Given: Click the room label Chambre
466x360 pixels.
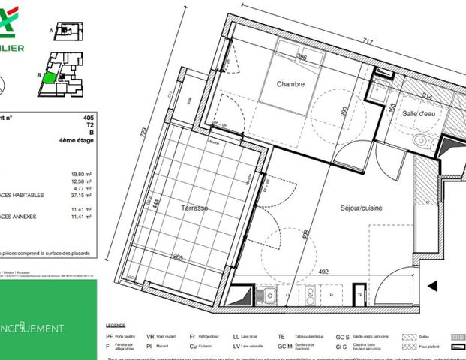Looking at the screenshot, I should [x=290, y=84].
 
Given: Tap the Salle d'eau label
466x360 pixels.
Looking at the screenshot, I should [x=419, y=112].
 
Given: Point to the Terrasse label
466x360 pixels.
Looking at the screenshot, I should [x=194, y=207].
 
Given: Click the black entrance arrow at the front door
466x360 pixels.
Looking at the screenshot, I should [x=432, y=285].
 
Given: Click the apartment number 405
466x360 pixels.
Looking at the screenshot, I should [x=89, y=118].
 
